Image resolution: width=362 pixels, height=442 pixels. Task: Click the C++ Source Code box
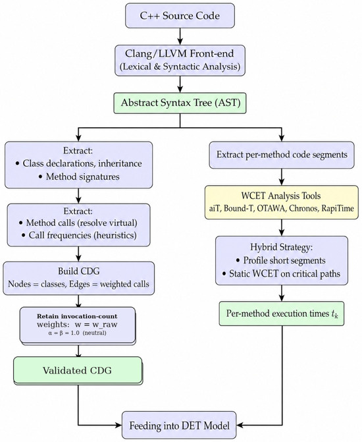pos(180,16)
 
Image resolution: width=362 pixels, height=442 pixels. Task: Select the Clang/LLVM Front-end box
pos(180,61)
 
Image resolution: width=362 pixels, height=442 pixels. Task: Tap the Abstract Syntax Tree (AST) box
pos(180,103)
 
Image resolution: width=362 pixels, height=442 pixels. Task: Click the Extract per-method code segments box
pos(282,155)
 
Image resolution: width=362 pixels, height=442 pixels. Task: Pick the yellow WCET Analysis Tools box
pos(282,202)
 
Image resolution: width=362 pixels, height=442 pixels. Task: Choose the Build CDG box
pos(78,278)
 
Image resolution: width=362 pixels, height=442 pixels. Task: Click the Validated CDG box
pos(78,370)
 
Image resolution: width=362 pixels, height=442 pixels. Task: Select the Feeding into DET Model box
pos(179,425)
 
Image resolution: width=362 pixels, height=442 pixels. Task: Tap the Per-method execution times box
pos(282,314)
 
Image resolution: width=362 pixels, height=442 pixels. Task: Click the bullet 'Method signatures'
pos(79,177)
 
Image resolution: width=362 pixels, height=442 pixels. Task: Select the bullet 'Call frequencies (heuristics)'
pos(79,235)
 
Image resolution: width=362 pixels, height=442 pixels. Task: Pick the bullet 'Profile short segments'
pos(281,260)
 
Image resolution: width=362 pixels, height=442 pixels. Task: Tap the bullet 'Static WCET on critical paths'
pos(281,273)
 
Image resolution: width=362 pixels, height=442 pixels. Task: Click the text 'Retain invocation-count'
pos(77,316)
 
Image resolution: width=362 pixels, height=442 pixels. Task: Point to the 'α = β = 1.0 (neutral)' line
pos(77,333)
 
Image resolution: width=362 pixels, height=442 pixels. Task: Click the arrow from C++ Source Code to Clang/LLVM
pos(180,36)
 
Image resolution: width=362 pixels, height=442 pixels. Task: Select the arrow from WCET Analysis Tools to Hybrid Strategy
pos(282,227)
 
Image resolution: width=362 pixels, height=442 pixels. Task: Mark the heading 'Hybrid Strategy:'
pos(282,247)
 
